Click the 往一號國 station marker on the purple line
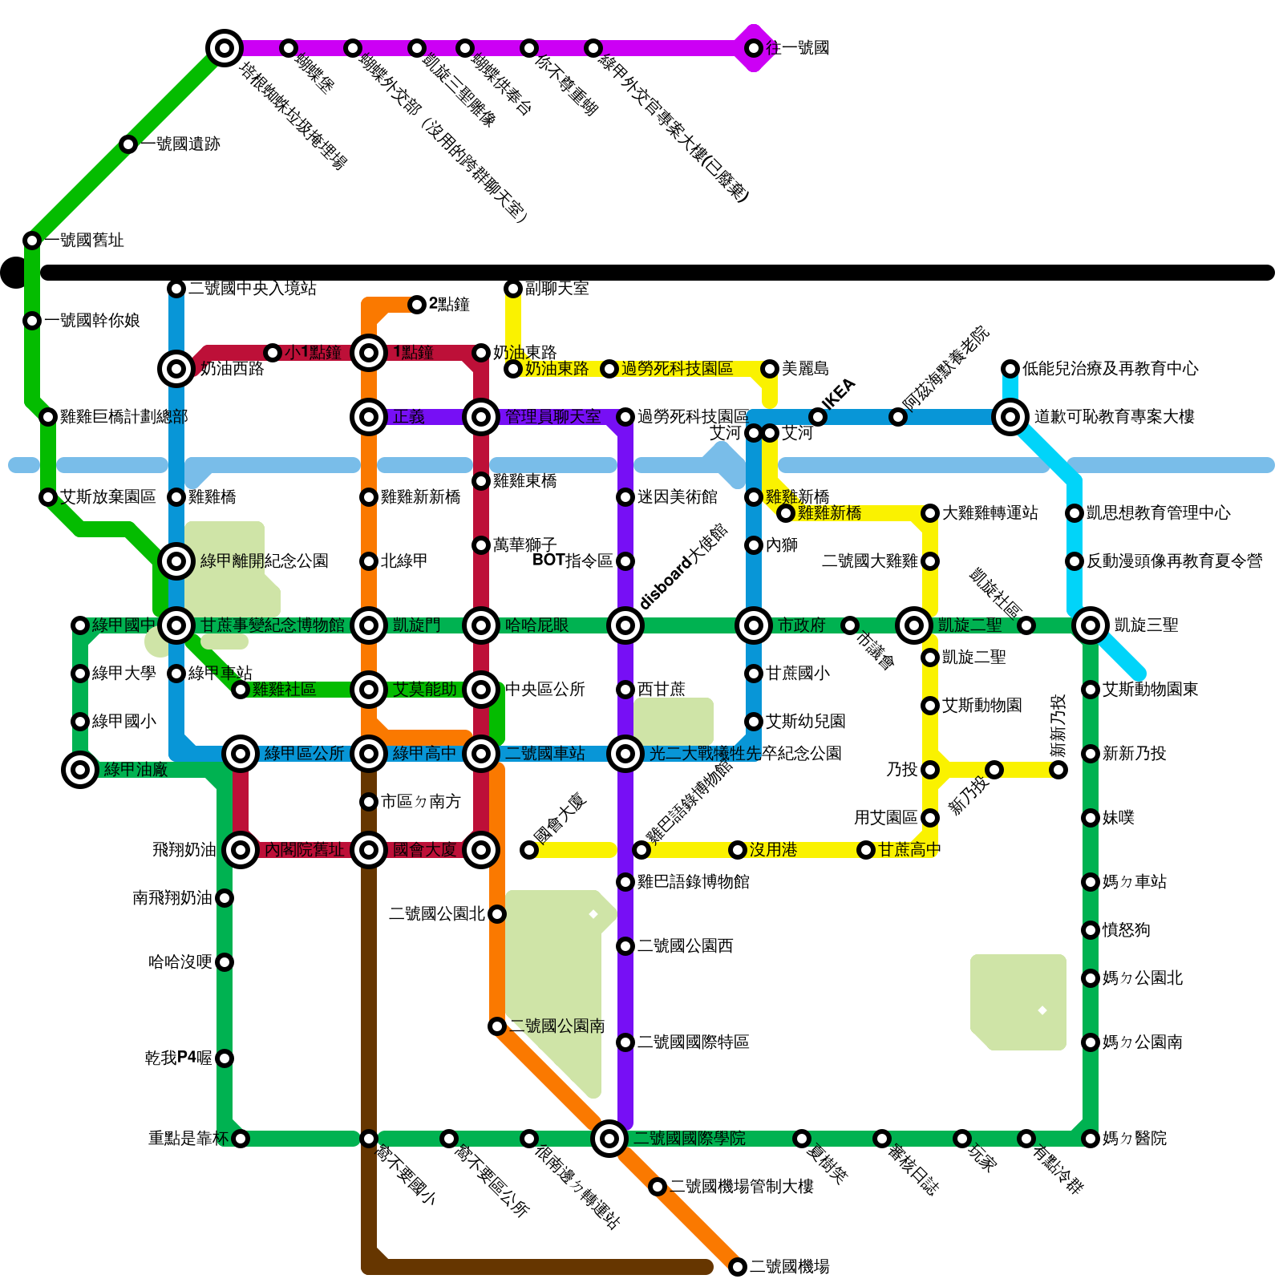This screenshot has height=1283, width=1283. (754, 48)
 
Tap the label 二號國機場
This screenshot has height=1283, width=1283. (789, 1267)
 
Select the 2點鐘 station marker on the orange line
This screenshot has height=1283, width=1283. (417, 305)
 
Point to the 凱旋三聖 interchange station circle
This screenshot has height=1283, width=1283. (1091, 625)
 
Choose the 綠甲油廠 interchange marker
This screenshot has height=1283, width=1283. (80, 770)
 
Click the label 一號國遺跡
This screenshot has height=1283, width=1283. (180, 144)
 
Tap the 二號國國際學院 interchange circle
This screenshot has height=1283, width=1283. (609, 1138)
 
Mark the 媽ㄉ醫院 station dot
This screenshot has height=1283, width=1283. (1091, 1139)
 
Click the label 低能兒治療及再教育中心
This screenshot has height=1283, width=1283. (1110, 369)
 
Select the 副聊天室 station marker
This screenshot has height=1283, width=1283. (513, 289)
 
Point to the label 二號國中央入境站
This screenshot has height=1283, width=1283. (252, 289)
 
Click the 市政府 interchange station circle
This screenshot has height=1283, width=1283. (754, 625)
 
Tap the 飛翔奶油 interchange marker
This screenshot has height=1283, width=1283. (241, 850)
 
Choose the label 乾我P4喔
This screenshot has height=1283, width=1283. (178, 1058)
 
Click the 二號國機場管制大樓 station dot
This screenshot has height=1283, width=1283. (658, 1187)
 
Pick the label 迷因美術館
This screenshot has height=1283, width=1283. (677, 497)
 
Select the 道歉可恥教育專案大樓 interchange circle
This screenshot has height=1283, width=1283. (1010, 417)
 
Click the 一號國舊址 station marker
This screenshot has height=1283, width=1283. (32, 241)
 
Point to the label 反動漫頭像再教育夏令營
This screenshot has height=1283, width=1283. (1174, 561)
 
